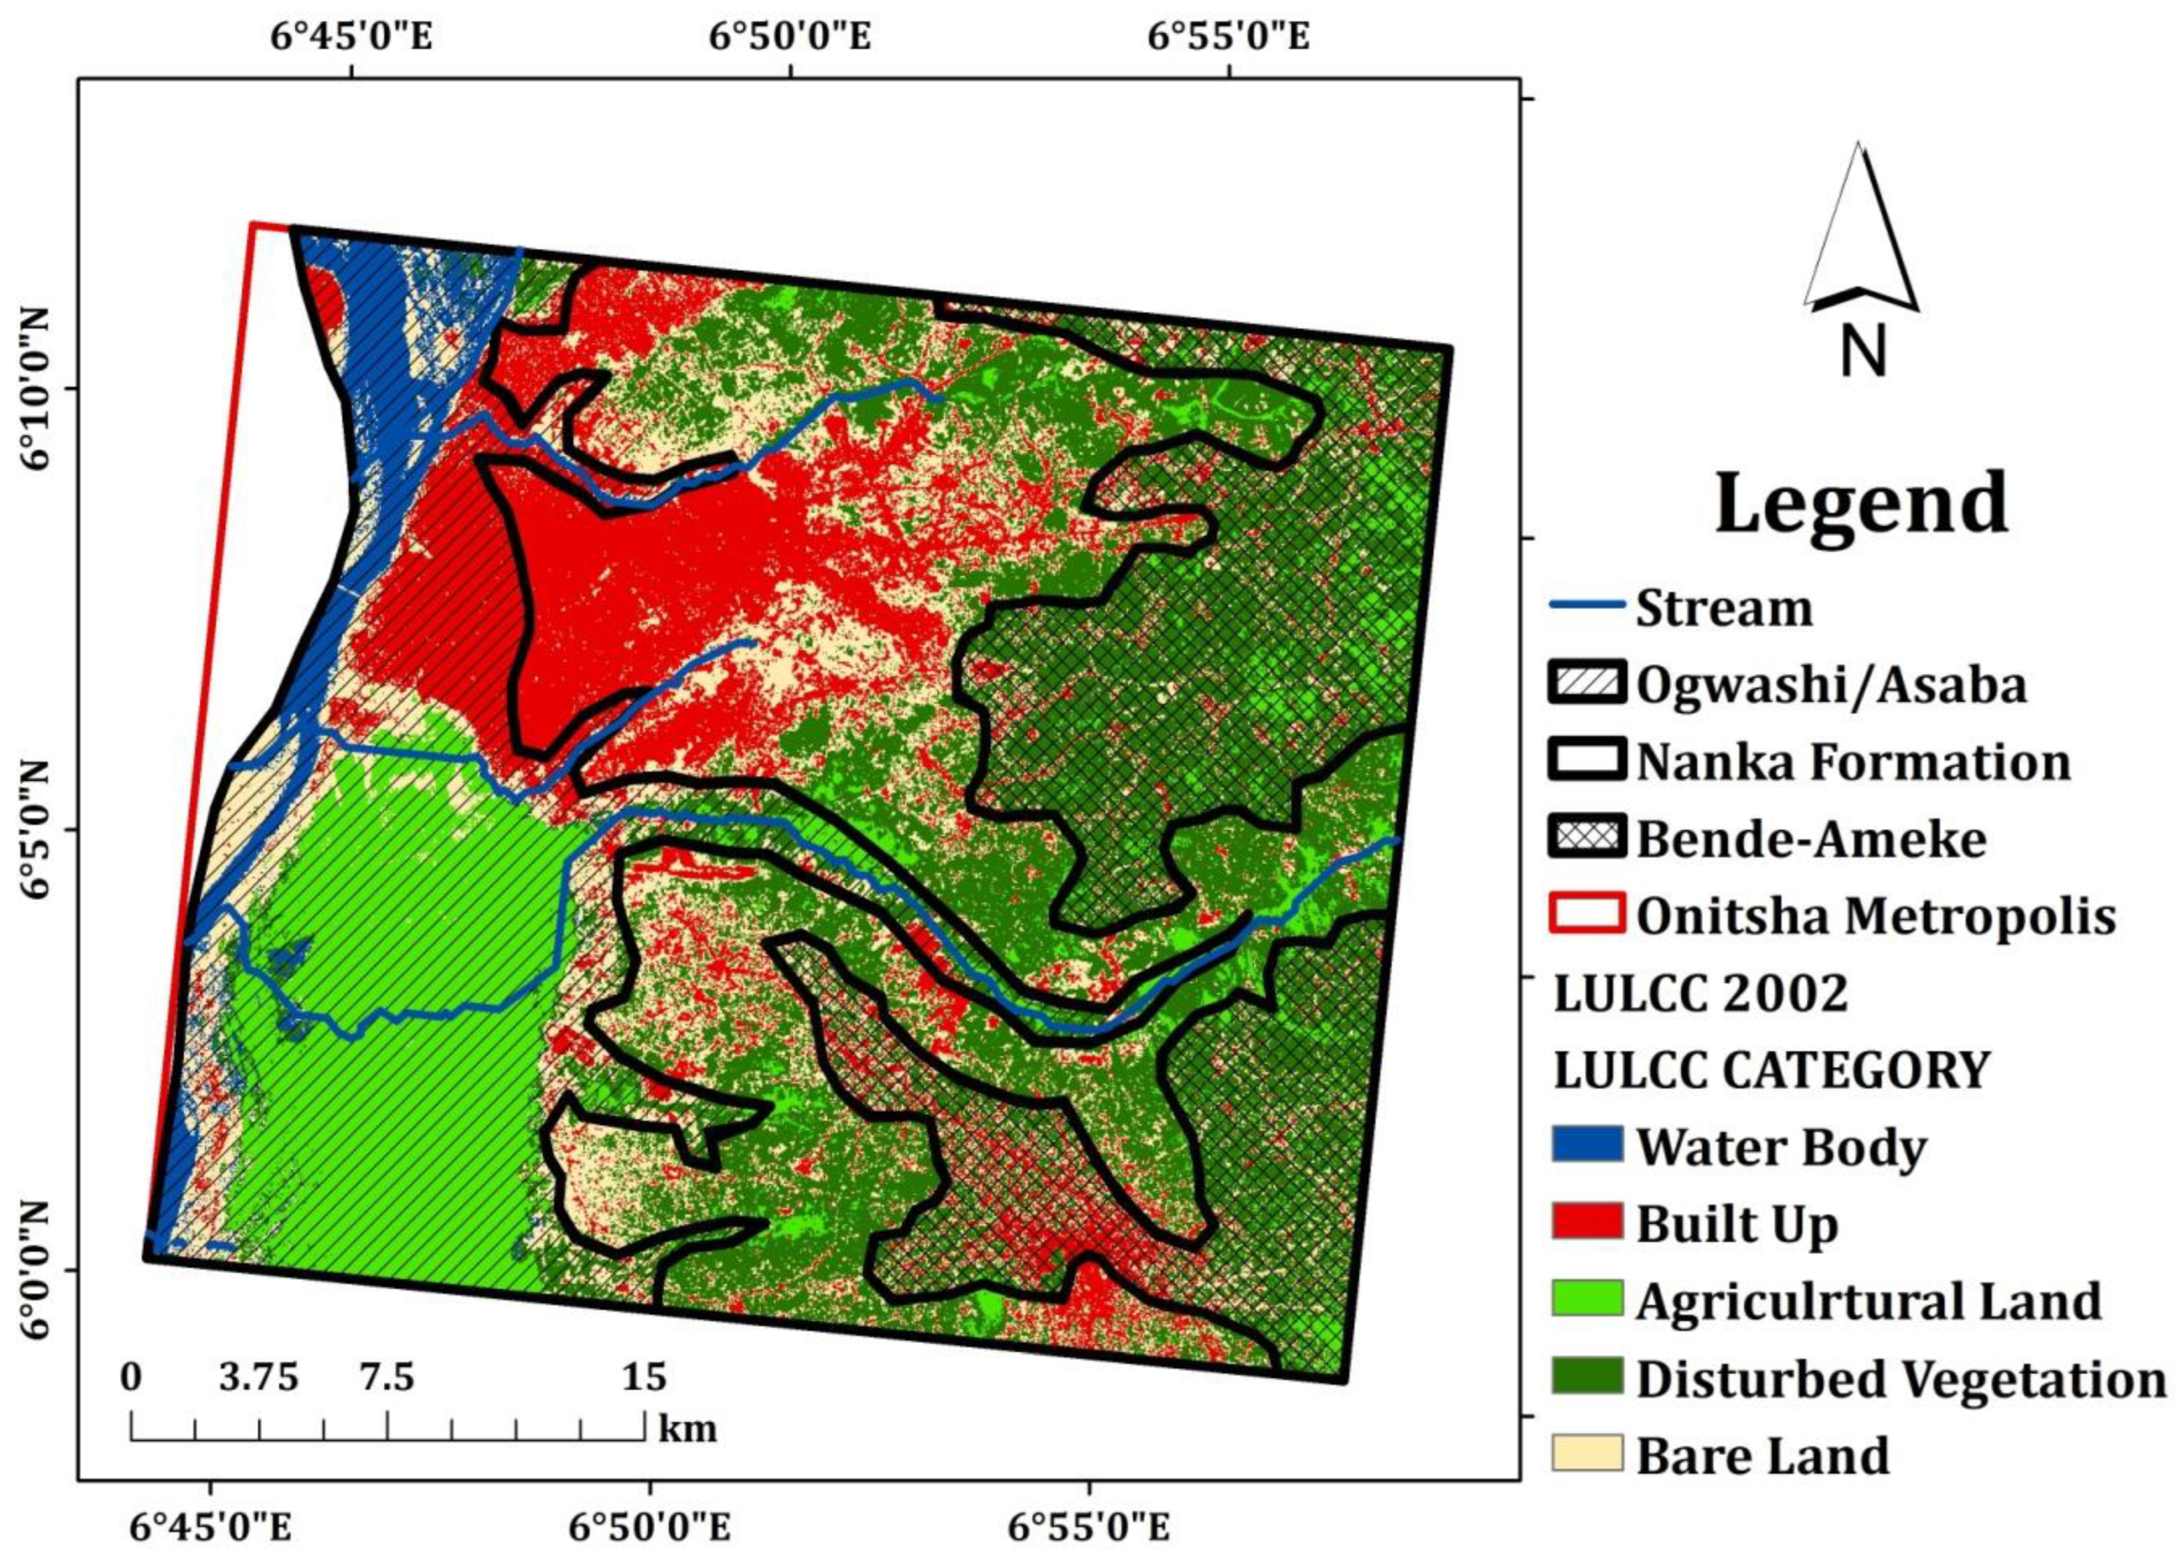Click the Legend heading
pos(1861,504)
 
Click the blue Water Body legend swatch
pos(1587,1144)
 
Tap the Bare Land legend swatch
pos(1587,1453)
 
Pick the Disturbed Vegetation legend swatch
pos(1587,1376)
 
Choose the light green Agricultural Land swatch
pos(1587,1299)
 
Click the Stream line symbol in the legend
pos(1587,605)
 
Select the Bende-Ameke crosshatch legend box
pos(1587,836)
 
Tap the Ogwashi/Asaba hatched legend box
pos(1587,682)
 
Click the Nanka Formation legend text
pos(1852,762)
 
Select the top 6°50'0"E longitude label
pos(790,36)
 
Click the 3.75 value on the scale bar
pos(258,1378)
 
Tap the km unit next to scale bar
pos(687,1428)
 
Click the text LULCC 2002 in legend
pos(1699,994)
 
